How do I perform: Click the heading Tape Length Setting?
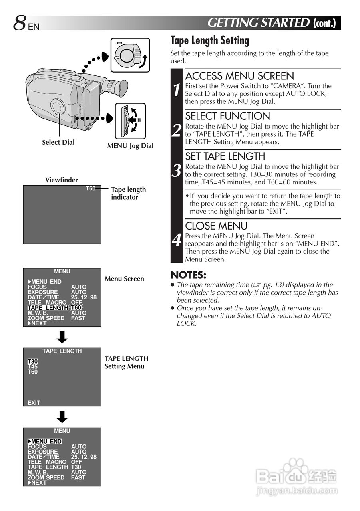pos(209,40)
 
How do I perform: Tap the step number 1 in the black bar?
pos(177,90)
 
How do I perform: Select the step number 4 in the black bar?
pos(177,240)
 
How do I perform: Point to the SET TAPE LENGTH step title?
pos(225,156)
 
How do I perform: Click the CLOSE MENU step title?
pos(216,226)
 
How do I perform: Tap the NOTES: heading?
pos(188,275)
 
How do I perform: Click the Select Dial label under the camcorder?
pos(58,142)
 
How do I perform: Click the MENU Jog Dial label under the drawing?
pos(130,146)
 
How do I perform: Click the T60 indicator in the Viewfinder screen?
pos(91,188)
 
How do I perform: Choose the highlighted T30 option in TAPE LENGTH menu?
pos(33,362)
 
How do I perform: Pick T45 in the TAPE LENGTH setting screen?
pos(33,367)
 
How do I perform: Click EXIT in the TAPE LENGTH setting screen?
pos(34,403)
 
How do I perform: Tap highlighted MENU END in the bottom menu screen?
pos(45,441)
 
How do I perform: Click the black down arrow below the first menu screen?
pos(62,337)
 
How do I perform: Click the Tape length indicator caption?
pos(128,193)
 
